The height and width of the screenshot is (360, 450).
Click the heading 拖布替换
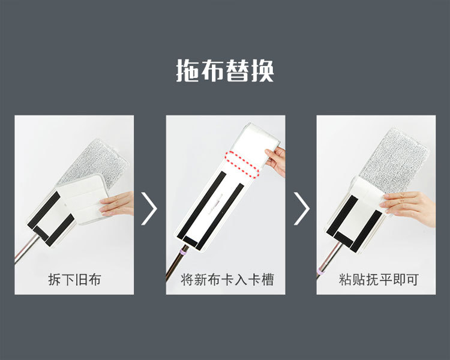[225, 71]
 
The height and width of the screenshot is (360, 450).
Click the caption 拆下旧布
[74, 280]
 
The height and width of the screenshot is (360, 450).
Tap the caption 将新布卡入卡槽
[227, 280]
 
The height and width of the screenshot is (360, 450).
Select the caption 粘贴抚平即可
[378, 280]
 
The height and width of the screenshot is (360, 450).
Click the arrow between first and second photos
[149, 208]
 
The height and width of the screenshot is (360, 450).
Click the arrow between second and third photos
[302, 208]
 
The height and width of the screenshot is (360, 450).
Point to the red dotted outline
[242, 164]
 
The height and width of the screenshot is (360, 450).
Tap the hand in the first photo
[117, 203]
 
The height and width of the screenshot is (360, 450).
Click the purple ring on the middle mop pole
[183, 253]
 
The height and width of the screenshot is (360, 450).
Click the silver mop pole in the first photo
[26, 248]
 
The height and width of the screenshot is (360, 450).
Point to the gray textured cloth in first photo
[95, 164]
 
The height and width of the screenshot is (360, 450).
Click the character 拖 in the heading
[187, 71]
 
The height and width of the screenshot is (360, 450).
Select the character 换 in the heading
[263, 71]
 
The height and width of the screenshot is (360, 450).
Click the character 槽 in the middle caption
[268, 280]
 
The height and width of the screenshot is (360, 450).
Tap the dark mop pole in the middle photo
[176, 263]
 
